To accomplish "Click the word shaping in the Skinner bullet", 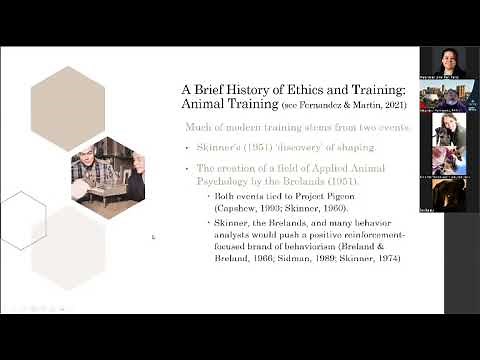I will [x=299, y=146].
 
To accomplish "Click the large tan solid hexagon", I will [x=67, y=108].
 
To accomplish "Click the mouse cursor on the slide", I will [x=153, y=237].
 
